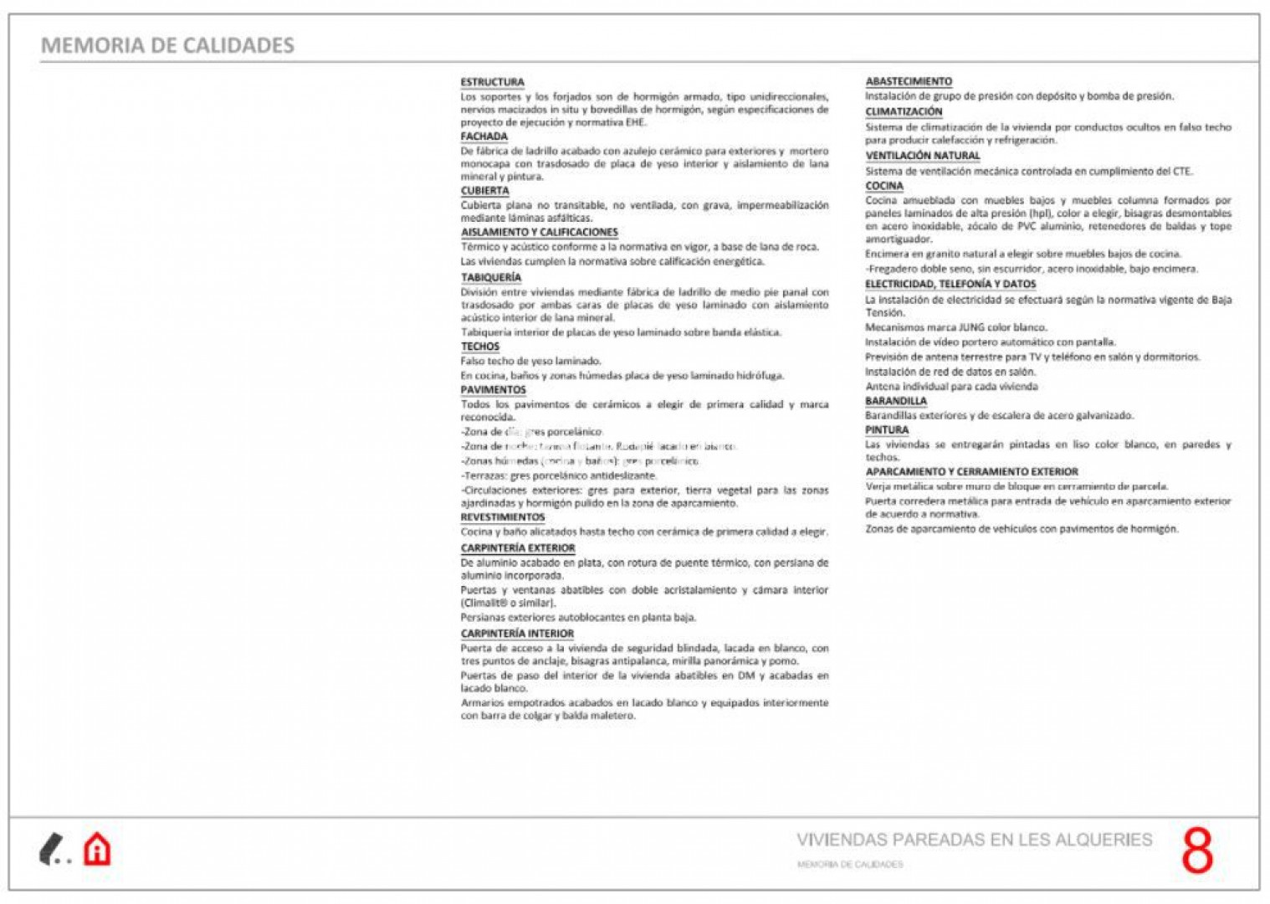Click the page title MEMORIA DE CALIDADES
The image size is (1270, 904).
click(167, 45)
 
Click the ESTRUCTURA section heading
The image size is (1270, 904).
click(492, 82)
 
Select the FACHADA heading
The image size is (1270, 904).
click(484, 136)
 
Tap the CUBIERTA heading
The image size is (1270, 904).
click(484, 191)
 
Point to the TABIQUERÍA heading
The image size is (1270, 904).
click(490, 278)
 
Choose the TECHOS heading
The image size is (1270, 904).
click(479, 347)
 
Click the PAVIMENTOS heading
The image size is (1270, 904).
click(493, 390)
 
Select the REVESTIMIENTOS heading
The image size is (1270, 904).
click(502, 517)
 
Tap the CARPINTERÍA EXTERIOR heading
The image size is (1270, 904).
click(517, 548)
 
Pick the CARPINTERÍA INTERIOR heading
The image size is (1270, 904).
click(517, 634)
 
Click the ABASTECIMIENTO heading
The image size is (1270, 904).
click(908, 81)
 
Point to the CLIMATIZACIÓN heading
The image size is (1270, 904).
click(903, 111)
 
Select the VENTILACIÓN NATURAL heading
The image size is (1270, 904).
click(922, 156)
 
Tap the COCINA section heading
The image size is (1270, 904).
click(883, 186)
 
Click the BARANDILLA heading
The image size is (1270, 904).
click(895, 401)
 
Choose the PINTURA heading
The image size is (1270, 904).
click(886, 430)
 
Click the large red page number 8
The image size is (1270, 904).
click(1196, 851)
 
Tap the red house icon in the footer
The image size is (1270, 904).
click(97, 850)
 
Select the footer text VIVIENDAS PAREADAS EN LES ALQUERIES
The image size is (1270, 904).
click(974, 840)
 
